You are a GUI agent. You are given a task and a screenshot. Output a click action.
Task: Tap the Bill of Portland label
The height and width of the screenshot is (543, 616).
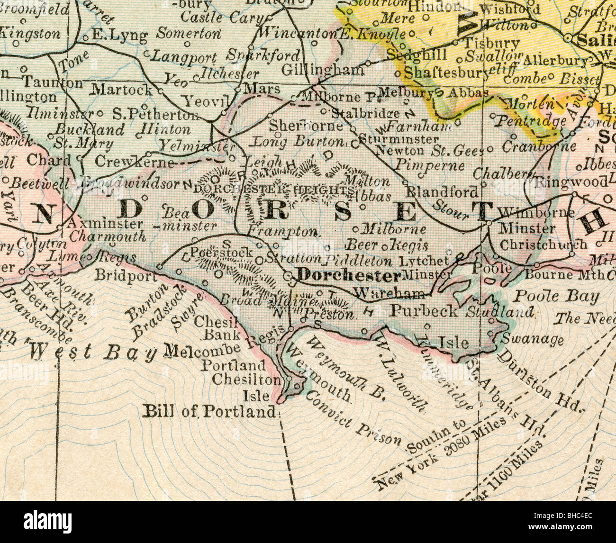(x=209, y=411)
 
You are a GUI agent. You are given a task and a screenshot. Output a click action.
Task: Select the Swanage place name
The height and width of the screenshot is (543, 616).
(x=533, y=339)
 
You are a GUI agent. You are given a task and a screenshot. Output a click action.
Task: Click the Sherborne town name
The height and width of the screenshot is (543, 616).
(x=306, y=126)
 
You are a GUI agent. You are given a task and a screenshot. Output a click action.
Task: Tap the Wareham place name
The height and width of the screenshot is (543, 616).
(x=389, y=294)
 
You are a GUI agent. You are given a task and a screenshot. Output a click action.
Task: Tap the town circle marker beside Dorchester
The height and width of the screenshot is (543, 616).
(x=288, y=276)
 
